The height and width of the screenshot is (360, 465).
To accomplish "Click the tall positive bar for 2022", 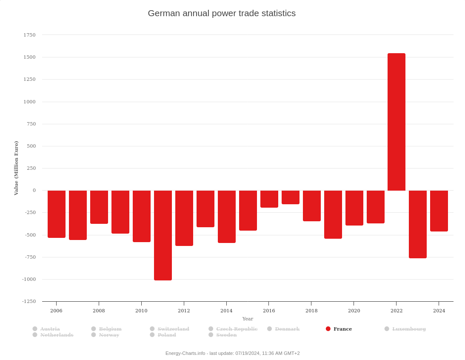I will tap(396, 122).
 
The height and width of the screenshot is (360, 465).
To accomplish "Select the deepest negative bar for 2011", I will tap(163, 235).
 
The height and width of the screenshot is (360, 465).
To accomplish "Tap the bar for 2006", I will tap(57, 214).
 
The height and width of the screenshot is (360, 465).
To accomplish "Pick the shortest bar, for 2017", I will tap(291, 197).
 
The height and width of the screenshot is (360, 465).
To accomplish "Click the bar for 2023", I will tap(417, 224).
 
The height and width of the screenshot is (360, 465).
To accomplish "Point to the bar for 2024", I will tap(439, 211).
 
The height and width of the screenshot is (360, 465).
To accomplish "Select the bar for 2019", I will tap(333, 214).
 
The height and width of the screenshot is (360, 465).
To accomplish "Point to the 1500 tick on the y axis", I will tap(29, 57).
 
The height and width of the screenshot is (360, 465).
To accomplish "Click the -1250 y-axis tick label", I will tap(29, 301).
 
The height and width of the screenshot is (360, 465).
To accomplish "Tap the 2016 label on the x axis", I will tap(269, 311).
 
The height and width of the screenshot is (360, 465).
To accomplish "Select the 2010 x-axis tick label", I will tap(141, 311).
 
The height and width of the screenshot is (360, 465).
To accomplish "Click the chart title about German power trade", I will tap(222, 13).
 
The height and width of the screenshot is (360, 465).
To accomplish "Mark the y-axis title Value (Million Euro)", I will tap(16, 168).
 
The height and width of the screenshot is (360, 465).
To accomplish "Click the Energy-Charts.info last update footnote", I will tap(232, 353).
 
